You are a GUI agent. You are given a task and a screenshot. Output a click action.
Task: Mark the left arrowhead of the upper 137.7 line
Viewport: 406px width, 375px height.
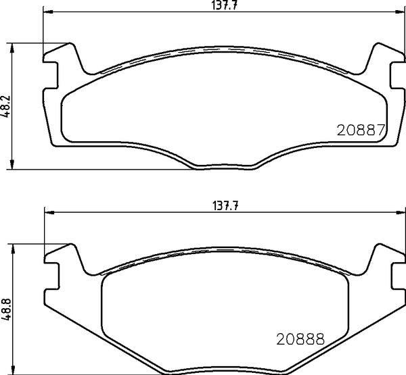47,12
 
